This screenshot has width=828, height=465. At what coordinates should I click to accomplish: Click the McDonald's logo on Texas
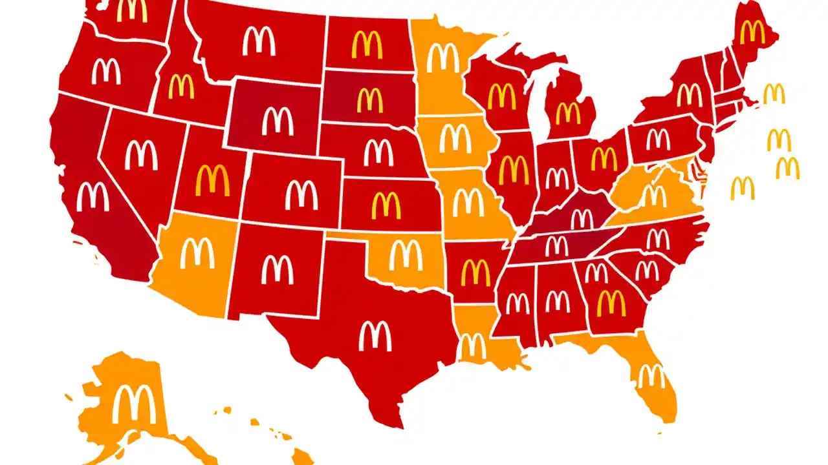pyautogui.click(x=375, y=336)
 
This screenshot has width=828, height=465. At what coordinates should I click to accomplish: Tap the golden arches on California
pyautogui.click(x=93, y=197)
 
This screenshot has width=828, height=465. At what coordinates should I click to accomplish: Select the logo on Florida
pyautogui.click(x=651, y=376)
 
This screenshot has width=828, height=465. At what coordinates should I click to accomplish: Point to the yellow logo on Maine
pyautogui.click(x=752, y=32)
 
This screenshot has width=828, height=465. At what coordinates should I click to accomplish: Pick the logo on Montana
pyautogui.click(x=259, y=41)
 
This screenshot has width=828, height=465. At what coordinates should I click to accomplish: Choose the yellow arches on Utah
pyautogui.click(x=213, y=180)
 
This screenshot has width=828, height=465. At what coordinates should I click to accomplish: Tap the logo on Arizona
pyautogui.click(x=197, y=253)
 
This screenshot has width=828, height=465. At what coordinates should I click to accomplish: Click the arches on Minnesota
pyautogui.click(x=443, y=58)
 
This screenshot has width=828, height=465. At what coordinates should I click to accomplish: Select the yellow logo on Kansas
pyautogui.click(x=386, y=205)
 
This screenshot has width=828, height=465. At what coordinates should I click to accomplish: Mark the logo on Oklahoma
pyautogui.click(x=406, y=255)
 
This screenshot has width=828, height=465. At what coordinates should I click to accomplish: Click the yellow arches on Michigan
pyautogui.click(x=569, y=113)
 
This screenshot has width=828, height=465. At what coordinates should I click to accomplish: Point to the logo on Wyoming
pyautogui.click(x=278, y=121)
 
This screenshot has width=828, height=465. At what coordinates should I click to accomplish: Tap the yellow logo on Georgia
pyautogui.click(x=611, y=302)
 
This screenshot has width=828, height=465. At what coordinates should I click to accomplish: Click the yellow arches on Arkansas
pyautogui.click(x=475, y=273)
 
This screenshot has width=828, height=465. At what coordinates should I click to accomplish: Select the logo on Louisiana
pyautogui.click(x=473, y=346)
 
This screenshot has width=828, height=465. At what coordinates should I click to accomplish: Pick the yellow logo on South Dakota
pyautogui.click(x=370, y=100)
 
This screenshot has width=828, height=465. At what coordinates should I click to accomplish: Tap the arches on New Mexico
pyautogui.click(x=278, y=269)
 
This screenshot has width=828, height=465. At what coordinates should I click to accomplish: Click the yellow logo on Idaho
pyautogui.click(x=181, y=87)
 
